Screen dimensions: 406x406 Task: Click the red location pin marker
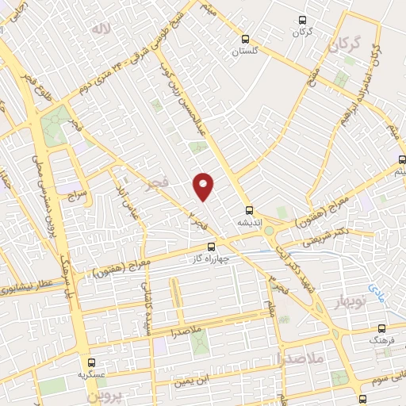pyautogui.click(x=204, y=186)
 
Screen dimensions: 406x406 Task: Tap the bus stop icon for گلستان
pyautogui.click(x=246, y=37)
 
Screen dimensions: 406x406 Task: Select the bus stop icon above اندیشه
pyautogui.click(x=249, y=210)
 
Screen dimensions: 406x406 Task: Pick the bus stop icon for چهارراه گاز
pyautogui.click(x=210, y=247)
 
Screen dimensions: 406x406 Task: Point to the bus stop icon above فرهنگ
pyautogui.click(x=381, y=326)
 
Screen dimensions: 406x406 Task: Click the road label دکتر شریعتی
pyautogui.click(x=323, y=232)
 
